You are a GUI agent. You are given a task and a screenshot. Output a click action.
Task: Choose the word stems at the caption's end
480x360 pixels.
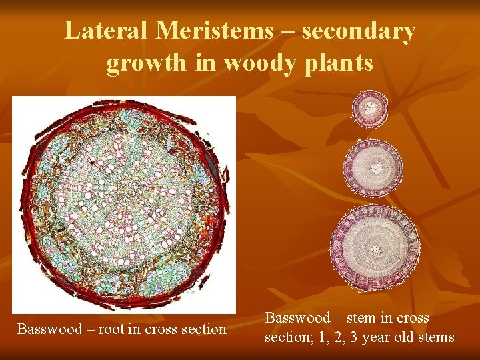pyautogui.click(x=436, y=337)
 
